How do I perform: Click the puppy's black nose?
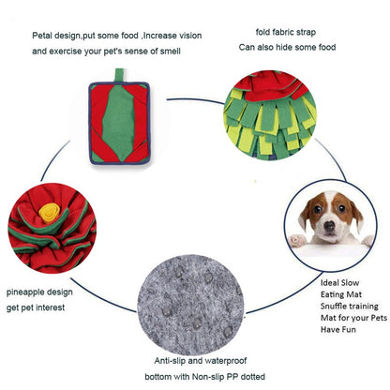click(x=329, y=226)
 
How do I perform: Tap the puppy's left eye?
click(x=317, y=209)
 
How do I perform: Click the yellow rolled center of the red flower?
click(x=50, y=213)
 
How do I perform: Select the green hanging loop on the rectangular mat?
click(x=119, y=75)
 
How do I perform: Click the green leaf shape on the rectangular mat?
click(x=118, y=123)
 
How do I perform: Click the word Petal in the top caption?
click(x=41, y=36)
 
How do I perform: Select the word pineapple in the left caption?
click(x=22, y=292)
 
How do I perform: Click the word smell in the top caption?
click(x=171, y=51)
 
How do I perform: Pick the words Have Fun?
click(x=338, y=329)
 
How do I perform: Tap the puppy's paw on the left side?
click(x=297, y=240)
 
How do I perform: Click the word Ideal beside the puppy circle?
click(x=329, y=282)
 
